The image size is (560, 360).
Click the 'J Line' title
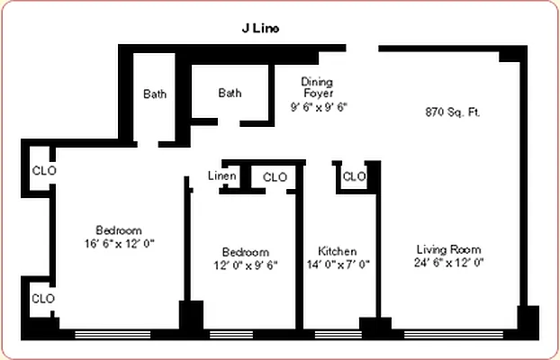tap(260, 28)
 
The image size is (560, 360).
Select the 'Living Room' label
tap(448, 249)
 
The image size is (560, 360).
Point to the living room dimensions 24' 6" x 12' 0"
tap(448, 263)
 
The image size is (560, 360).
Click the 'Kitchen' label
tap(338, 251)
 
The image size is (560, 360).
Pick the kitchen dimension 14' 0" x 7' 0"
tap(338, 265)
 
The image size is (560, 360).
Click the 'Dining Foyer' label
tap(318, 86)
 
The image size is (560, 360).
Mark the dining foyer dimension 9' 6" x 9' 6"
tap(318, 106)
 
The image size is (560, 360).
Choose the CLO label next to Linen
tap(275, 177)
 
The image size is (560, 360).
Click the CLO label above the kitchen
tap(354, 176)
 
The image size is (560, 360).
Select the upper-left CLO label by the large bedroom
tap(43, 170)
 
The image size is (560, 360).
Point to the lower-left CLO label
tap(43, 298)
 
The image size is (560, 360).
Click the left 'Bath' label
tap(155, 94)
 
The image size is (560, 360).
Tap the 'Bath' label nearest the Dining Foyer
tap(230, 93)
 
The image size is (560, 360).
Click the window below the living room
tap(450, 335)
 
